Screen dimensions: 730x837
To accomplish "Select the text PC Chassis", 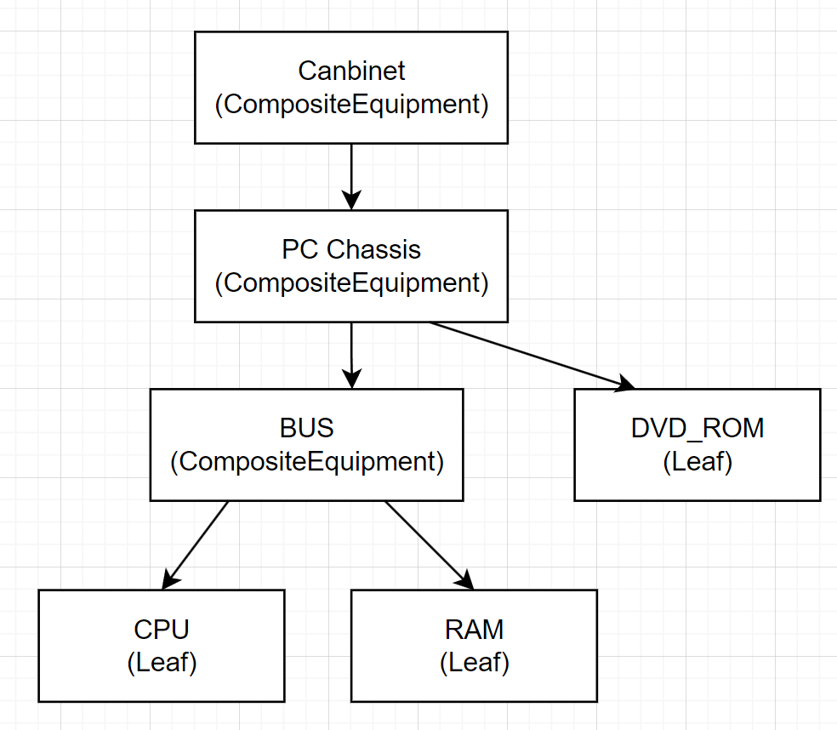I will point(351,249).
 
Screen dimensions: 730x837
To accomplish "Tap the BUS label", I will point(306,427).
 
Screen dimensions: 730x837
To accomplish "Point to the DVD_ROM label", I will point(697,428).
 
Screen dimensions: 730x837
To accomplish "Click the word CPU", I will point(162,630).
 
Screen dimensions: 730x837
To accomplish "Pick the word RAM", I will point(474,630).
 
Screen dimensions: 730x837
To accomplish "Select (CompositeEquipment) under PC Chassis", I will point(351,283).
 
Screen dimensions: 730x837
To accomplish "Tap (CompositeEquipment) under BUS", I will point(306,461).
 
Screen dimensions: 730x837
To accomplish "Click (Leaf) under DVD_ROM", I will point(697,462).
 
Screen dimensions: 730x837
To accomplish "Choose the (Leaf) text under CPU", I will point(162,663).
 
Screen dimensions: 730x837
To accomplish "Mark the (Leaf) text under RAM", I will point(474,663).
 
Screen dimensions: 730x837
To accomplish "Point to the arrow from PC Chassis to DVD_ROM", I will point(527,354).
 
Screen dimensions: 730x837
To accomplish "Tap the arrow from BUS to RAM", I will point(428,544).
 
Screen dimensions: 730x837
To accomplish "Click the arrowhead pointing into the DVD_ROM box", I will point(625,385).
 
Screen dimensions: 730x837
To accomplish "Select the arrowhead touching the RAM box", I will point(465,580).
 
